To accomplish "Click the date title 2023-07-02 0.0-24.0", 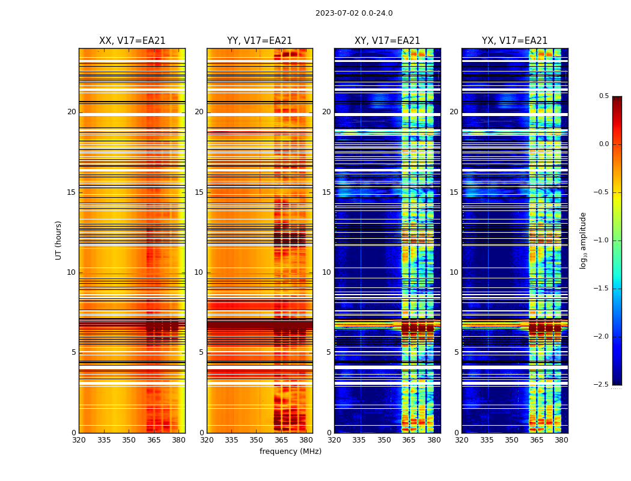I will pyautogui.click(x=354, y=13).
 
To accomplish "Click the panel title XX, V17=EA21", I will pyautogui.click(x=132, y=41).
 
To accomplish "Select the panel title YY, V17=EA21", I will pyautogui.click(x=260, y=41).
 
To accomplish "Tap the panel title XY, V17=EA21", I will pyautogui.click(x=387, y=41).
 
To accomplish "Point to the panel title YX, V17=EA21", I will pyautogui.click(x=514, y=41).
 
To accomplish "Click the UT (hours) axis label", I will pyautogui.click(x=58, y=240).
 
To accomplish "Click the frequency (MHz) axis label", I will pyautogui.click(x=290, y=452).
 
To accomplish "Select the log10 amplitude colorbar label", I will pyautogui.click(x=583, y=240).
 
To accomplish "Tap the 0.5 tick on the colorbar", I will pyautogui.click(x=603, y=96).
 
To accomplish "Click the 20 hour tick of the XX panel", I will pyautogui.click(x=72, y=112).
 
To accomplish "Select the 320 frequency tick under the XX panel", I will pyautogui.click(x=79, y=440).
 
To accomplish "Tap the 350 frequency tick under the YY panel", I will pyautogui.click(x=257, y=440).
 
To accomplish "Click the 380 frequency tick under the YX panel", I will pyautogui.click(x=561, y=440).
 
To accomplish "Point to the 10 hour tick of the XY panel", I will pyautogui.click(x=326, y=272).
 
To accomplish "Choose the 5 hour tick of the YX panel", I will pyautogui.click(x=456, y=352).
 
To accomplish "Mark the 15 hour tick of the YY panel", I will pyautogui.click(x=199, y=192).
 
